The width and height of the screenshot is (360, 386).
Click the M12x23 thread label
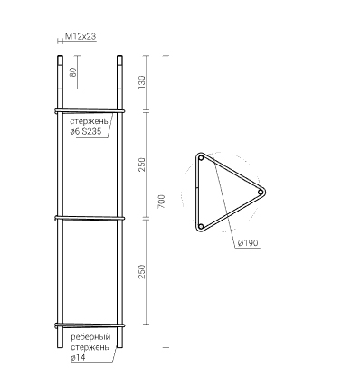[x=81, y=37]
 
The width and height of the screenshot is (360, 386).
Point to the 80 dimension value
[x=73, y=72]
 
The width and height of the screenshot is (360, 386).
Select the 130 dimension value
[x=141, y=82]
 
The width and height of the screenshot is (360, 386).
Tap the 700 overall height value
[x=161, y=202]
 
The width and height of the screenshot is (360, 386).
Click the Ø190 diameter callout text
[x=248, y=243]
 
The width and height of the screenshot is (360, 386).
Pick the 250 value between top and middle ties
[x=141, y=165]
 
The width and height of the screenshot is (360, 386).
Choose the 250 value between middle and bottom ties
[x=141, y=272]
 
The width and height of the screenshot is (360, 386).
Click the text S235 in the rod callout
[x=90, y=132]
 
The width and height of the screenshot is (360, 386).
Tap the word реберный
[x=90, y=337]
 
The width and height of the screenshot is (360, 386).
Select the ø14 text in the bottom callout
[x=78, y=358]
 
